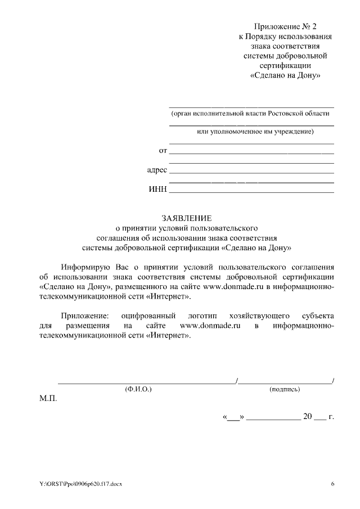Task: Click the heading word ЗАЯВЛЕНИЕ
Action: pyautogui.click(x=186, y=218)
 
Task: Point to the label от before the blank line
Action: pyautogui.click(x=163, y=150)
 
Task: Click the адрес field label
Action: pyautogui.click(x=157, y=169)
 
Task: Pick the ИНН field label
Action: pyautogui.click(x=157, y=189)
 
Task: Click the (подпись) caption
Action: pyautogui.click(x=285, y=389)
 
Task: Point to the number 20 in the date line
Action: pyautogui.click(x=307, y=417)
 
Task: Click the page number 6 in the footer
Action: pyautogui.click(x=332, y=484)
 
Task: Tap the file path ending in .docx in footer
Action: pyautogui.click(x=80, y=484)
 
